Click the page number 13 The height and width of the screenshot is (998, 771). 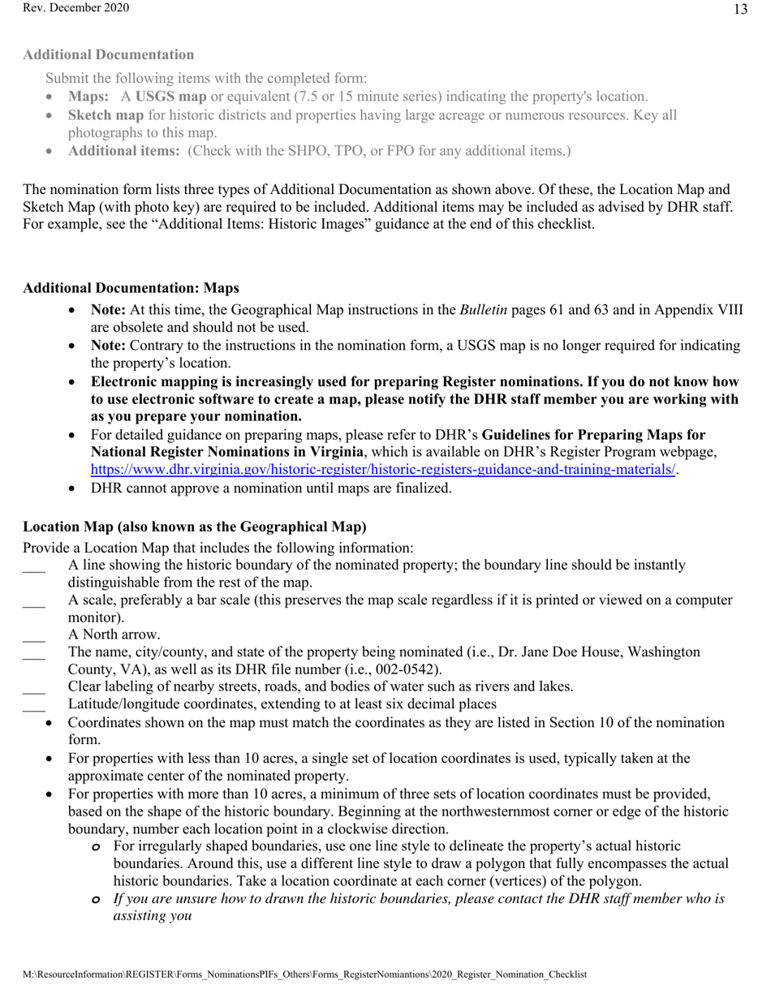pyautogui.click(x=740, y=10)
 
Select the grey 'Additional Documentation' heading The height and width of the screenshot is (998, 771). pyautogui.click(x=109, y=54)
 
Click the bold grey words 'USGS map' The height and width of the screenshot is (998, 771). pyautogui.click(x=170, y=97)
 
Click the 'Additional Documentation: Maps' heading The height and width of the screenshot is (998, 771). pyautogui.click(x=131, y=288)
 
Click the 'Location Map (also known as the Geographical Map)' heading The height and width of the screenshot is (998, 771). pyautogui.click(x=195, y=527)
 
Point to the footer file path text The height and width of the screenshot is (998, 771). pyautogui.click(x=304, y=974)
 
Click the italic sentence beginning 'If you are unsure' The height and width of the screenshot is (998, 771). pyautogui.click(x=419, y=899)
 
